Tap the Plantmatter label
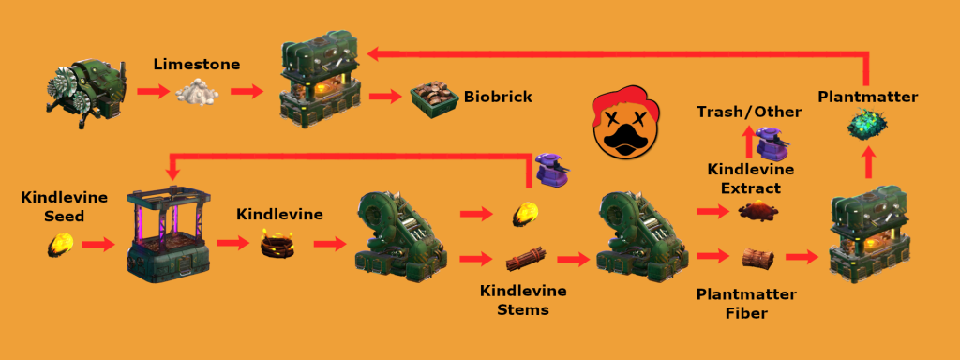coord(867,96)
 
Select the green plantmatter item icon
coord(867,124)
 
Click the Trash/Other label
coord(748,112)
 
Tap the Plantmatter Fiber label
coord(747,305)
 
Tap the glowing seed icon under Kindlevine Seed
coord(58,247)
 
